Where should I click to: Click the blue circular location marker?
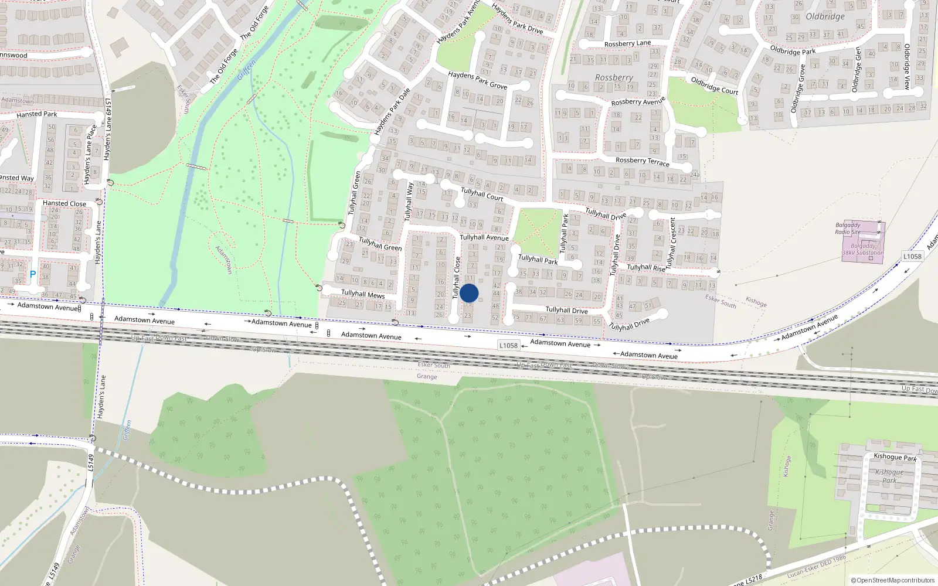[469, 293]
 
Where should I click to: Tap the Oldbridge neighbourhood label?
[825, 16]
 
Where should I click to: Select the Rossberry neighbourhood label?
[614, 77]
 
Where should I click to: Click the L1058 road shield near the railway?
[508, 345]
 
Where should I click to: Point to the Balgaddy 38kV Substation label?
[862, 250]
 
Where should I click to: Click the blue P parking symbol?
[33, 274]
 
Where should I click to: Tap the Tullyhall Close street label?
[456, 278]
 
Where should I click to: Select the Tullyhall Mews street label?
[363, 294]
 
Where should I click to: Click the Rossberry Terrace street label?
[642, 161]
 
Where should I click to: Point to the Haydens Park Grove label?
[477, 80]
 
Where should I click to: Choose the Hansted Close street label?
[64, 203]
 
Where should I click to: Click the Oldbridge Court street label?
[714, 86]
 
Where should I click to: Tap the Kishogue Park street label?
[895, 457]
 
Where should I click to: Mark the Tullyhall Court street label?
[482, 194]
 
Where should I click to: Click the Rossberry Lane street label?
[627, 43]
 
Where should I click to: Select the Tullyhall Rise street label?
[646, 267]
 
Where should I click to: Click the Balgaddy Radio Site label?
[848, 229]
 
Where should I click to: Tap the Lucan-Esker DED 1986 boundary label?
[816, 566]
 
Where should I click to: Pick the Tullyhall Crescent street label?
[672, 240]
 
